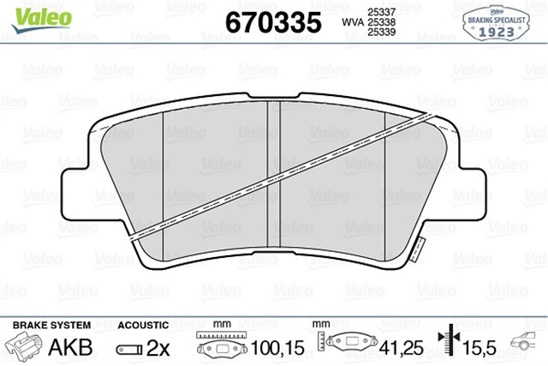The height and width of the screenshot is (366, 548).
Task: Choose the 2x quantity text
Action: [x=160, y=347]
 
